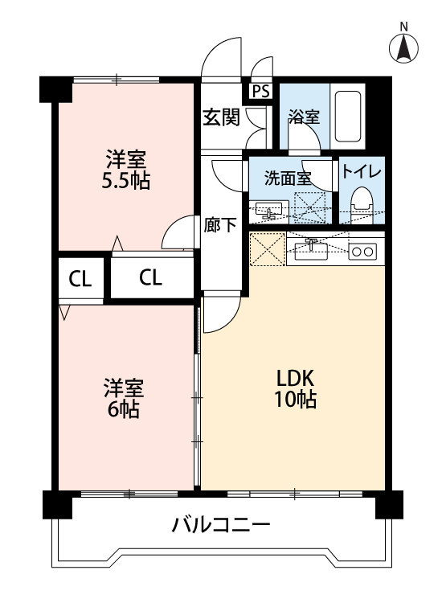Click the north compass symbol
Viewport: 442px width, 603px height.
click(x=403, y=49)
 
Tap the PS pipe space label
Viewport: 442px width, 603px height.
click(x=261, y=92)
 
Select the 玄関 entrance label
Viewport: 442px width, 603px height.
click(x=221, y=117)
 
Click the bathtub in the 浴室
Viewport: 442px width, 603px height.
click(x=347, y=116)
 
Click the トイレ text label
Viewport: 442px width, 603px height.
click(x=362, y=171)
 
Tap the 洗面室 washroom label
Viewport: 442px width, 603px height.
click(x=288, y=178)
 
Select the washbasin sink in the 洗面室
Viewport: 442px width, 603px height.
click(x=269, y=211)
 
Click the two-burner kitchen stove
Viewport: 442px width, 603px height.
click(x=362, y=252)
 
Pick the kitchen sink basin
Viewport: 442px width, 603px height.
click(x=311, y=252)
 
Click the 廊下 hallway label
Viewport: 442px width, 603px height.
click(x=220, y=225)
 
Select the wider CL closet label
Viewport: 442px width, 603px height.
click(x=150, y=277)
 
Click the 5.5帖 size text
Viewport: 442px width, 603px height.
click(x=125, y=181)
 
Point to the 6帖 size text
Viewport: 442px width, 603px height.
click(x=124, y=410)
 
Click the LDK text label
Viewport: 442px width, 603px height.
click(x=296, y=378)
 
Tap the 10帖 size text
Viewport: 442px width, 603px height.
click(x=295, y=399)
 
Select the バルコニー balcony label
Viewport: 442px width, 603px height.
click(x=221, y=524)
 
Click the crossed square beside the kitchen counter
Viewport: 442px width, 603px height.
click(x=267, y=248)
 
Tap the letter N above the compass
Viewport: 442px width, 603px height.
click(x=403, y=27)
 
